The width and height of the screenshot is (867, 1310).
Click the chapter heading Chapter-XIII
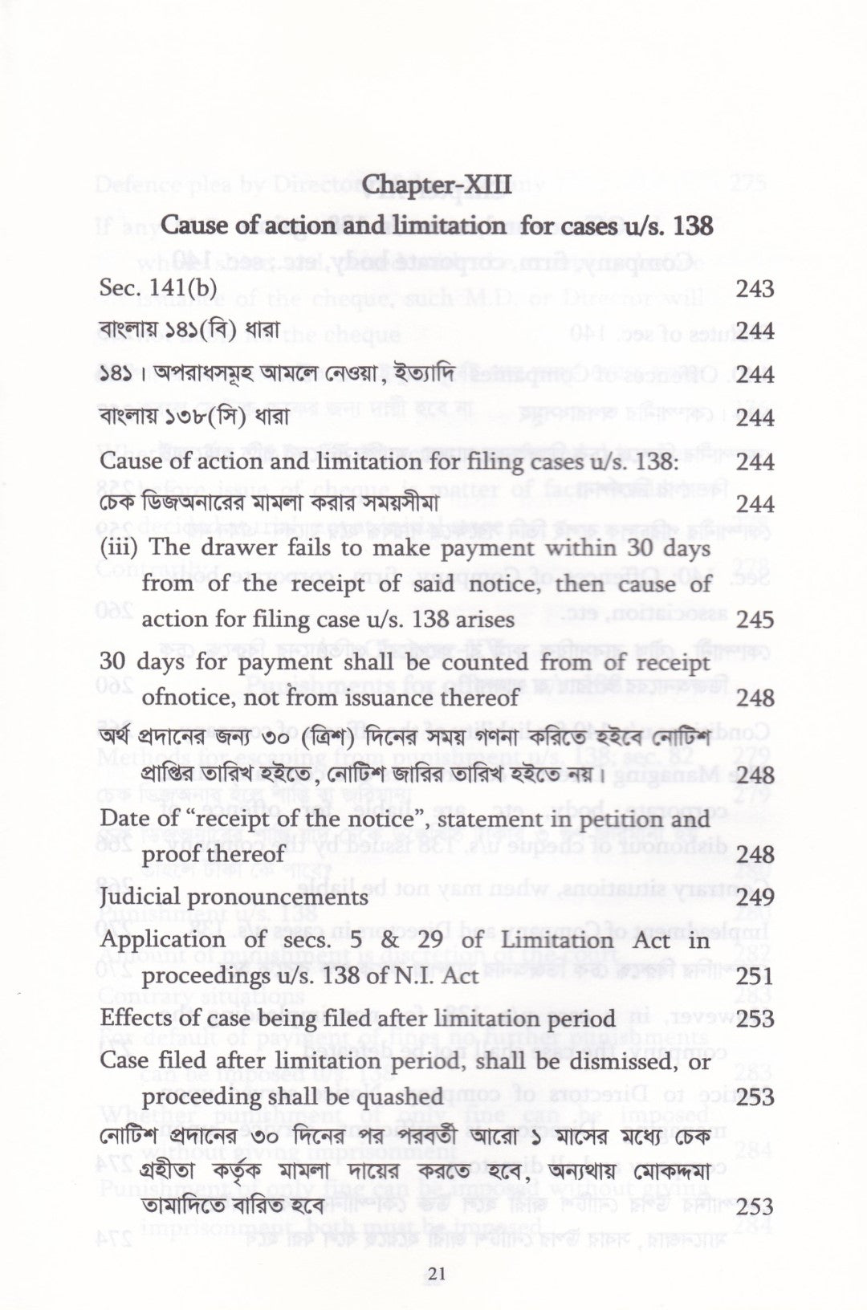[x=437, y=187]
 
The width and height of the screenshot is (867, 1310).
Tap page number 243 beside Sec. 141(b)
[x=754, y=288]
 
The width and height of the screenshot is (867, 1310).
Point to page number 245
[x=754, y=620]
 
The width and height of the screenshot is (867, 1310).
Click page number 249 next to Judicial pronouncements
[x=754, y=897]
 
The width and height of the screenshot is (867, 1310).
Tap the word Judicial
[x=140, y=897]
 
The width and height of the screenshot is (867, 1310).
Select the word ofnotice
[x=185, y=698]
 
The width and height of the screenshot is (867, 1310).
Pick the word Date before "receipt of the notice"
[x=122, y=820]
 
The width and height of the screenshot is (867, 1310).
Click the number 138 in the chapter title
[x=691, y=226]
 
